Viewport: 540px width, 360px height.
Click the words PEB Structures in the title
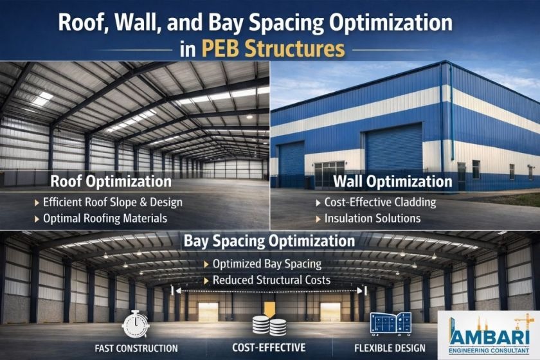tap(273, 49)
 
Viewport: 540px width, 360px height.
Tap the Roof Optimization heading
tap(111, 181)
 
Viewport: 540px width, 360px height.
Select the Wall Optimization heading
tap(393, 181)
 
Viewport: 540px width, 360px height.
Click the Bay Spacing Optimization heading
tap(269, 241)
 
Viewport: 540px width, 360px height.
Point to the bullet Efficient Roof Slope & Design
tap(113, 203)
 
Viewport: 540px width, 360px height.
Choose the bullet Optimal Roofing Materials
tap(105, 219)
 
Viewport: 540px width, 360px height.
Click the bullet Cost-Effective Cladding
tap(380, 203)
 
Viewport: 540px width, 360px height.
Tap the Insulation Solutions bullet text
tap(372, 219)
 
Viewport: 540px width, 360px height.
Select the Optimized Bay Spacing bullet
tap(267, 264)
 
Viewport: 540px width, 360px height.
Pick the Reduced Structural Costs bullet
tap(271, 280)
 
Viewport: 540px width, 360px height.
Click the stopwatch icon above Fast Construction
tap(136, 324)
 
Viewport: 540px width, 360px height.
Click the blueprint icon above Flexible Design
tap(391, 324)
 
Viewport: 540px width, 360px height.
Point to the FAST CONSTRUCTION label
tap(136, 348)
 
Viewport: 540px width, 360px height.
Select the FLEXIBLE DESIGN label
tap(390, 348)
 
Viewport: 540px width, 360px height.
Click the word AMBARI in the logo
tap(489, 337)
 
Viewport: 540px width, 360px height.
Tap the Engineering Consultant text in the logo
tap(489, 351)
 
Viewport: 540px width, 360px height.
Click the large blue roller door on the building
tap(393, 147)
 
